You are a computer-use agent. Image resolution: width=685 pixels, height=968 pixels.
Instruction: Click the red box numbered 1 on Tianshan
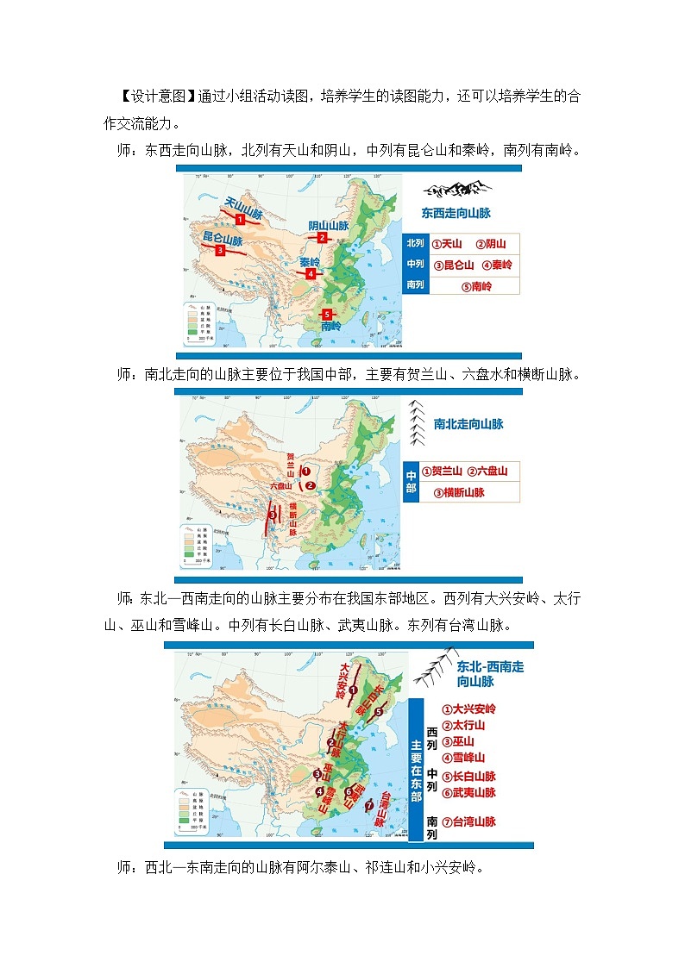pyautogui.click(x=240, y=220)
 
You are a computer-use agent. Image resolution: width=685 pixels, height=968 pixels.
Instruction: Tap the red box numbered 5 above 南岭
pyautogui.click(x=326, y=314)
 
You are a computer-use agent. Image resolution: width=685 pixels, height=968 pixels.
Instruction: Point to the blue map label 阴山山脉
pyautogui.click(x=328, y=226)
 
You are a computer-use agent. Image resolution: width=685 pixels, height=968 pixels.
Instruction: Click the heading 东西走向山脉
pyautogui.click(x=456, y=212)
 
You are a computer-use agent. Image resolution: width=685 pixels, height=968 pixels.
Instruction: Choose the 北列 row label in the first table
pyautogui.click(x=417, y=244)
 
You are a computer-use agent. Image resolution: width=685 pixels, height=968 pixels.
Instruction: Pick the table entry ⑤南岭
pyautogui.click(x=475, y=286)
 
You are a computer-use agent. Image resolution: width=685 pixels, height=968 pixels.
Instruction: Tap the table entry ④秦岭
pyautogui.click(x=497, y=265)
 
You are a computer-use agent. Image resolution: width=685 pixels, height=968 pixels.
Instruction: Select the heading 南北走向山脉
pyautogui.click(x=468, y=424)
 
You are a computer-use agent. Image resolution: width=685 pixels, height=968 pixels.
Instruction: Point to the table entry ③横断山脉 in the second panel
pyautogui.click(x=459, y=492)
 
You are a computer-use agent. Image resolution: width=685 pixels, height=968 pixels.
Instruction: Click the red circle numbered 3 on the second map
pyautogui.click(x=273, y=515)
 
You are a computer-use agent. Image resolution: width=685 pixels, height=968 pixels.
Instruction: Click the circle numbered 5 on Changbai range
pyautogui.click(x=378, y=712)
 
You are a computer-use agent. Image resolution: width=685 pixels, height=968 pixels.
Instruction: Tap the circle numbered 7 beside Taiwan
pyautogui.click(x=369, y=805)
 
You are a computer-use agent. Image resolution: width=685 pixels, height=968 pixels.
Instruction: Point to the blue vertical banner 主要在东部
pyautogui.click(x=417, y=771)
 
